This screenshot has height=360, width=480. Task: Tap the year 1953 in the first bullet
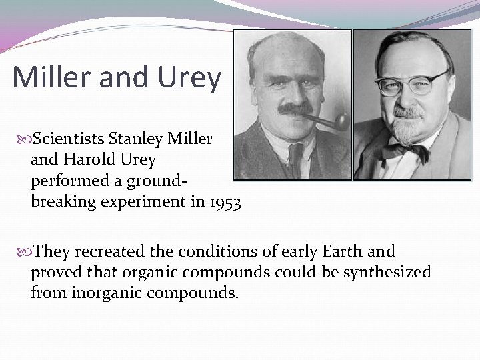click(x=225, y=201)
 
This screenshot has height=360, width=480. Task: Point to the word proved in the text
click(x=52, y=273)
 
